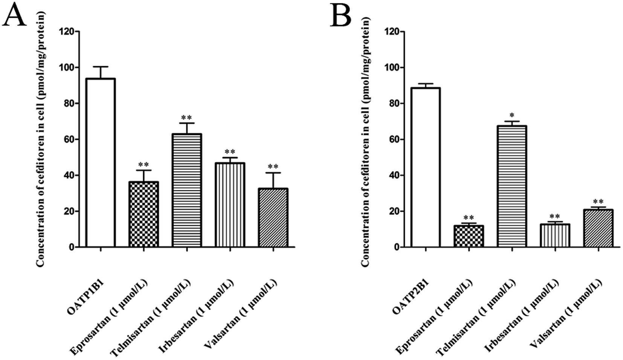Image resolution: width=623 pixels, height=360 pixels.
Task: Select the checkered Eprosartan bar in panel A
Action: [x=143, y=214]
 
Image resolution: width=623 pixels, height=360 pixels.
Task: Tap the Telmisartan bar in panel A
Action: [x=187, y=190]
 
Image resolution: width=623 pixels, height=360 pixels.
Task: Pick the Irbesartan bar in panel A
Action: [x=230, y=205]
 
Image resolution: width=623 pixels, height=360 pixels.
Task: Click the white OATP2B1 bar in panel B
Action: [x=426, y=167]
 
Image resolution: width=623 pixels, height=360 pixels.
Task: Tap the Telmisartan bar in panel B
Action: [x=512, y=186]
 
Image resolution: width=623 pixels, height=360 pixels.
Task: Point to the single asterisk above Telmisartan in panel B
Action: [x=512, y=115]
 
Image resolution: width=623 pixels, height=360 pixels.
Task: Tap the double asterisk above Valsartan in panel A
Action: [x=273, y=166]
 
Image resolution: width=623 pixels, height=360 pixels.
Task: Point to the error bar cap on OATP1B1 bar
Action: [x=100, y=67]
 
